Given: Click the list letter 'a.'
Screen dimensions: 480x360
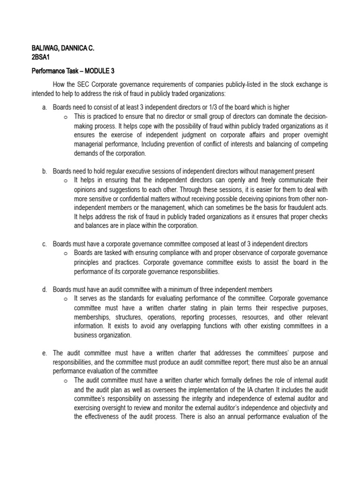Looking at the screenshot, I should pos(45,107).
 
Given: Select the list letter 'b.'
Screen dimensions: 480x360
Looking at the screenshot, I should pos(45,171).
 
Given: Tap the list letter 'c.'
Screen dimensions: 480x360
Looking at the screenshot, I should pos(45,244).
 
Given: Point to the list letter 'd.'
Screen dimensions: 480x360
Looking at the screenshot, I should pos(45,289).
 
